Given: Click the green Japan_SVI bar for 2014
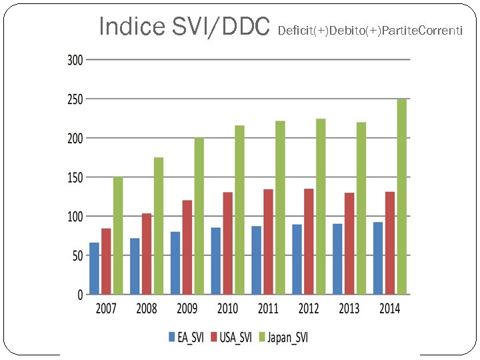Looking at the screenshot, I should [x=401, y=197].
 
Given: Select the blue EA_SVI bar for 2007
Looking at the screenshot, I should [x=94, y=269].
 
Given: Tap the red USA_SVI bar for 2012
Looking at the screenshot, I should [x=309, y=241].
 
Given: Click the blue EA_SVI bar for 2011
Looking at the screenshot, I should [x=256, y=260].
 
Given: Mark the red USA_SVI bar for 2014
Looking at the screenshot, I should [x=390, y=243].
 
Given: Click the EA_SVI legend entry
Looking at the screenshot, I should [x=186, y=337].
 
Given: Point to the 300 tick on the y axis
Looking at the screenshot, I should [x=75, y=60].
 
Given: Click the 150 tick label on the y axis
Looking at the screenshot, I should [x=75, y=177].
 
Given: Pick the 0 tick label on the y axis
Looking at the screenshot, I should [x=79, y=295].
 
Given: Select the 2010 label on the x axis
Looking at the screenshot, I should [x=227, y=309].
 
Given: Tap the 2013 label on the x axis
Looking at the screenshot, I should [x=349, y=309].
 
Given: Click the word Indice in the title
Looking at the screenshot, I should [x=131, y=27].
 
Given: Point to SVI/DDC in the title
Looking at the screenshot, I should [x=220, y=27].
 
